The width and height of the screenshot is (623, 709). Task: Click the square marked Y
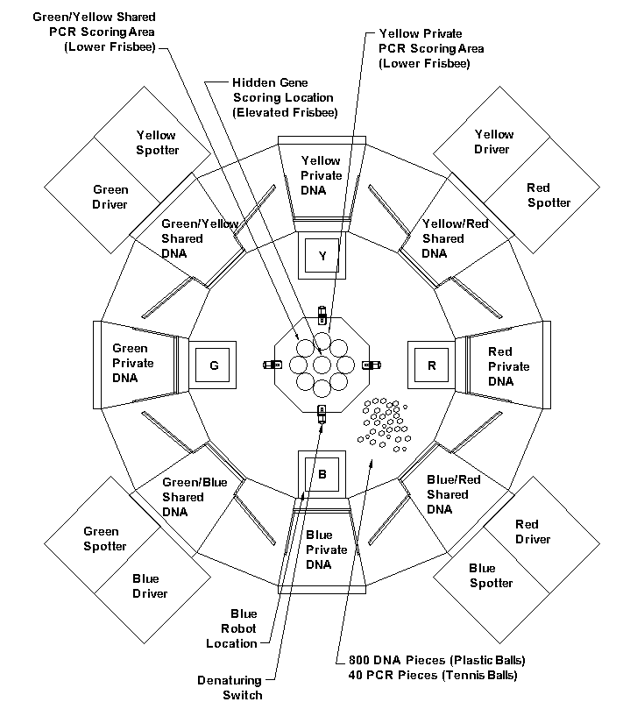pos(322,255)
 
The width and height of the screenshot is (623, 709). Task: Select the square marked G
pos(213,365)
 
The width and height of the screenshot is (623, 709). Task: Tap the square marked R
pos(432,365)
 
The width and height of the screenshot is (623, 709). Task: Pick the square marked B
pos(322,474)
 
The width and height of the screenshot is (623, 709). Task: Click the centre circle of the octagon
pos(322,365)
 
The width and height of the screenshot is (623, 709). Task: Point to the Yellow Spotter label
pos(158,143)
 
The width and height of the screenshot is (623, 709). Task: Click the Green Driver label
pos(110,196)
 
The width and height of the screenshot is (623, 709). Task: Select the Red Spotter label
pos(549,195)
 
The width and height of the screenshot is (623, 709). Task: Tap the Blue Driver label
pos(150,586)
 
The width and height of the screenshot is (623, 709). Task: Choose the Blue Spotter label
pos(491,576)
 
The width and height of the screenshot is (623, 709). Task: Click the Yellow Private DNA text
pos(322,175)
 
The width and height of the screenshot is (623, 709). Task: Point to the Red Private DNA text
pos(508,366)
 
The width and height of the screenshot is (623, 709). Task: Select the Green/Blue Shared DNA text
pos(195,497)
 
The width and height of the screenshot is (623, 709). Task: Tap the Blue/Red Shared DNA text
pos(454,494)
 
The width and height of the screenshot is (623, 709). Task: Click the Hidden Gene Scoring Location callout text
pos(285,97)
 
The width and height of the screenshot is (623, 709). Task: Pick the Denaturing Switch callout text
pos(230,687)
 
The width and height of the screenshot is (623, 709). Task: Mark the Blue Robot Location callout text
pos(231,628)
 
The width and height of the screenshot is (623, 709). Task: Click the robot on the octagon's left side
pos(273,365)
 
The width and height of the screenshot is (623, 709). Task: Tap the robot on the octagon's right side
pos(372,365)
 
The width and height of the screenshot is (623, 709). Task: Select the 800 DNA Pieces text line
pos(436,660)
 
